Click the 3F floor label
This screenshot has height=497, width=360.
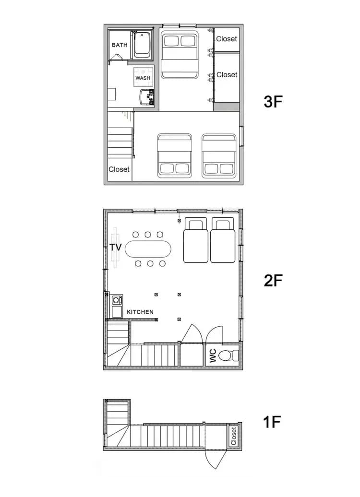(x=273, y=102)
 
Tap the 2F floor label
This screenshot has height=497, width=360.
(x=273, y=281)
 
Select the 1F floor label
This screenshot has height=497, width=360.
(x=272, y=422)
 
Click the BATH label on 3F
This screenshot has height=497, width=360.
(x=120, y=45)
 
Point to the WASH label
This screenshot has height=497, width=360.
(x=143, y=78)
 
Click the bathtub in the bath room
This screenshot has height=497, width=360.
(x=142, y=45)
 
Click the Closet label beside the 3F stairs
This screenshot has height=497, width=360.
(x=119, y=169)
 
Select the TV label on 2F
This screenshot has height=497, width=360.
(x=116, y=247)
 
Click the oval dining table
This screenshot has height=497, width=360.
(x=148, y=249)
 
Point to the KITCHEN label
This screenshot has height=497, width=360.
(x=140, y=312)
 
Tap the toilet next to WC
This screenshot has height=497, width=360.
(x=228, y=355)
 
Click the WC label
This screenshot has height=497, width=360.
(x=213, y=355)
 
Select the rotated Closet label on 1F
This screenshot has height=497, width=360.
(x=233, y=436)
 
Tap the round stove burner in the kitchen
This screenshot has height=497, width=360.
(x=117, y=300)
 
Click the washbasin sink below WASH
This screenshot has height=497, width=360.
(x=147, y=97)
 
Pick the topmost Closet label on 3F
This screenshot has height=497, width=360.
(x=227, y=39)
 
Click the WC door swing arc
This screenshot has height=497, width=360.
(x=214, y=334)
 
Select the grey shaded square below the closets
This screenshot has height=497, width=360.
(x=226, y=106)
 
